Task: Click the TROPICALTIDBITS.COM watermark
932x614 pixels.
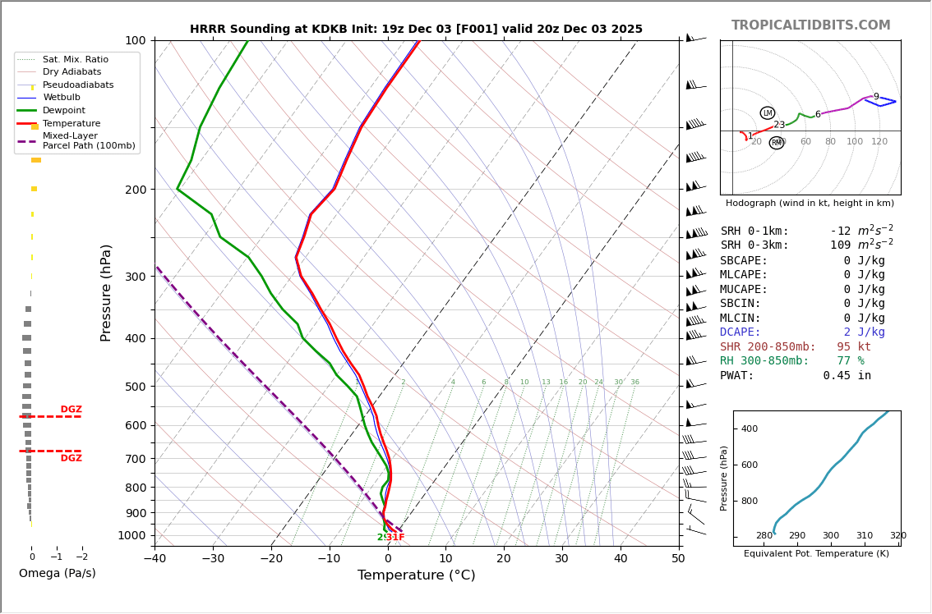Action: point(810,25)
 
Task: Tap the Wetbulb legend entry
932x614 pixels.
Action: point(62,98)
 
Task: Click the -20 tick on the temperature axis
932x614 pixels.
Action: point(271,559)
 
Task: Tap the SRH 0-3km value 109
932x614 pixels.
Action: point(840,245)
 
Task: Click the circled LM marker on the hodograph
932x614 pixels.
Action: point(768,113)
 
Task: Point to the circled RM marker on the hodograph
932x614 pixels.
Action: point(777,143)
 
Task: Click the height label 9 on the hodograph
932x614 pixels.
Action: point(876,97)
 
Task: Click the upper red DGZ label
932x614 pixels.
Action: point(72,410)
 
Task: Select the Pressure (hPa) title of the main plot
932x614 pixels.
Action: point(107,292)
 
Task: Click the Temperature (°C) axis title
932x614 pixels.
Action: point(416,575)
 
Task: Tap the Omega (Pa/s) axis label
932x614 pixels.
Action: point(57,574)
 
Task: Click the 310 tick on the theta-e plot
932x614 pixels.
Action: point(865,536)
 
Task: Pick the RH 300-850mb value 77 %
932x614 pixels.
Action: point(851,361)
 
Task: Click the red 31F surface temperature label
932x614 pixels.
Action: point(395,538)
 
